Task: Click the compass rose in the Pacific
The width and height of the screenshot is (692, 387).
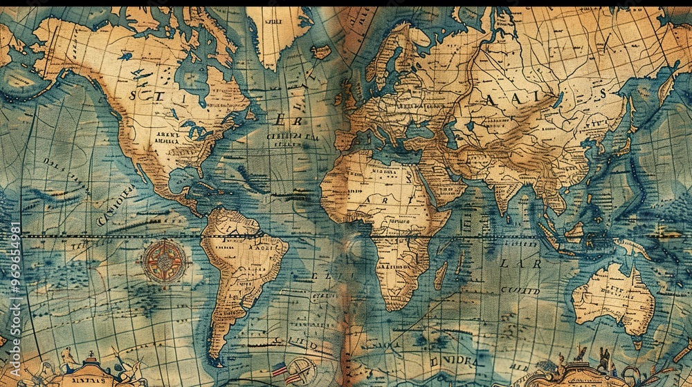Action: coord(164,262)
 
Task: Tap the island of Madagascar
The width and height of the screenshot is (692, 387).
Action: coord(440,275)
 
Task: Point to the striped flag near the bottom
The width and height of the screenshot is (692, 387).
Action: coord(280,370)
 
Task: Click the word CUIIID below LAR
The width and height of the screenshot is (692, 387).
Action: coord(520,291)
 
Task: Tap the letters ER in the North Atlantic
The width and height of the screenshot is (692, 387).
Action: coord(286,120)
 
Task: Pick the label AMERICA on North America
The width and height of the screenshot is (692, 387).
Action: coord(166,140)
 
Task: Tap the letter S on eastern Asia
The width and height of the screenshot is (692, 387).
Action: coord(603,93)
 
